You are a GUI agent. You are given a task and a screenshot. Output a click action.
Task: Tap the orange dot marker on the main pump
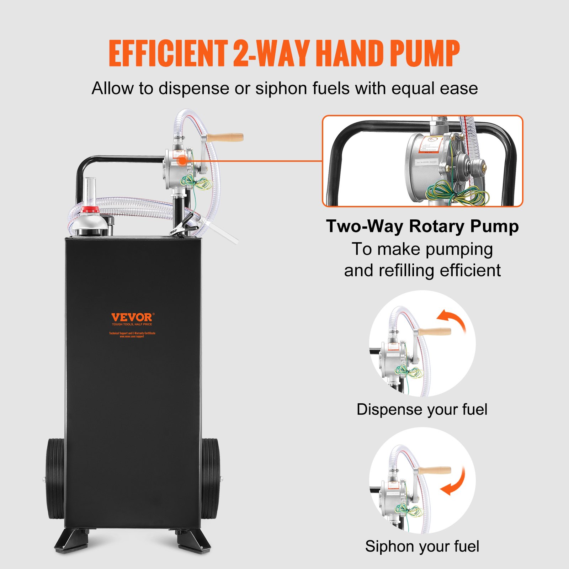[x=182, y=160]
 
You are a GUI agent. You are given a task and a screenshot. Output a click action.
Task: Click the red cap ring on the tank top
[x=90, y=210]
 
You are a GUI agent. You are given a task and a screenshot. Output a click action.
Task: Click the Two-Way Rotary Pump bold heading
[x=422, y=226]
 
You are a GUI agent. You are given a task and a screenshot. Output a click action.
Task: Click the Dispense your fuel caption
[x=422, y=409]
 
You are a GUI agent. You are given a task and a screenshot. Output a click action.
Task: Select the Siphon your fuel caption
[x=422, y=546]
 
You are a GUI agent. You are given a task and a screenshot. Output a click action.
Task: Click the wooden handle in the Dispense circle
[x=435, y=332]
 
